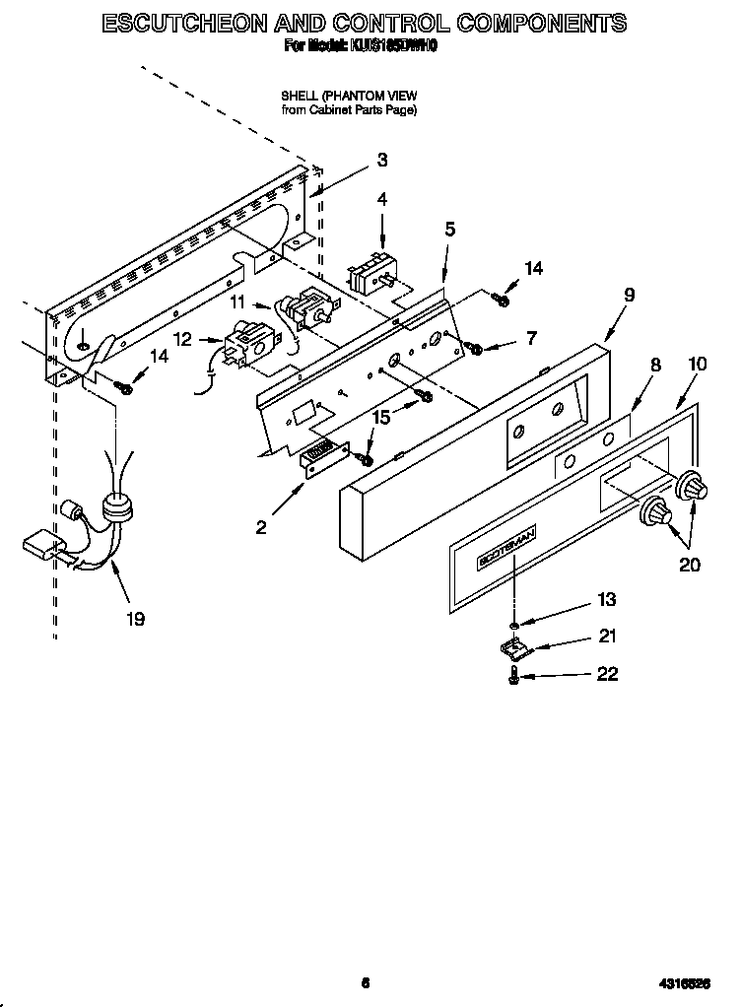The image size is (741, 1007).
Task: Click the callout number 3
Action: (381, 161)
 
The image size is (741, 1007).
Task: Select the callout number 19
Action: (135, 619)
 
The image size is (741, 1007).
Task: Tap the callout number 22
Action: (607, 674)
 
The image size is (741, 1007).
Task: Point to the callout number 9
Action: (629, 295)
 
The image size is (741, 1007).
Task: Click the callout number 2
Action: (261, 527)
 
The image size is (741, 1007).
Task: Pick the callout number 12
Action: (182, 339)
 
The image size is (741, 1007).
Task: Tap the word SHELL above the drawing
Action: (299, 96)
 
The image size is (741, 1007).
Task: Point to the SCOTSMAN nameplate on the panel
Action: (506, 546)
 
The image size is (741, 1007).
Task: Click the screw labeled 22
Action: (514, 677)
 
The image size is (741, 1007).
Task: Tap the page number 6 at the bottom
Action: (366, 982)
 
